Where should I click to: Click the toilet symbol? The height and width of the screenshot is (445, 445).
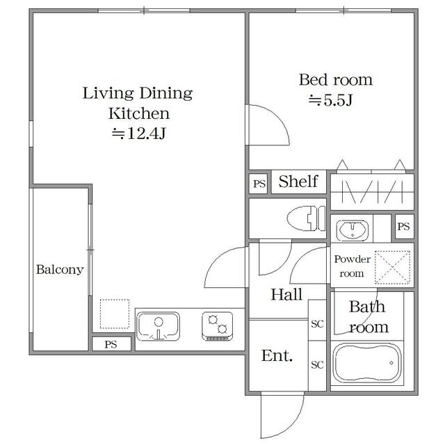(306, 218)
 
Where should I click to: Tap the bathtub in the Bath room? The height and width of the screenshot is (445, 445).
(367, 364)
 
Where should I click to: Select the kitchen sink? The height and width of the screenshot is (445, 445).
(158, 326)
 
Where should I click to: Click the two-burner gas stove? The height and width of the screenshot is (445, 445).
(218, 326)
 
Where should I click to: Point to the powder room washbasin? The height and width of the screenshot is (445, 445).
(353, 229)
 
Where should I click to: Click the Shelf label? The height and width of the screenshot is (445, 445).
(298, 181)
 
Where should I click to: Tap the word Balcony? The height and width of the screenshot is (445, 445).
(60, 269)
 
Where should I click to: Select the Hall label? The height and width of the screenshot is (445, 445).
(286, 294)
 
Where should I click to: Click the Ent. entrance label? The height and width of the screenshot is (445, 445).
(277, 355)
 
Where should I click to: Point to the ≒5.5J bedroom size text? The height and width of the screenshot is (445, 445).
(330, 100)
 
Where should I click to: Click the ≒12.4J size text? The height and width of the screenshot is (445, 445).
(138, 133)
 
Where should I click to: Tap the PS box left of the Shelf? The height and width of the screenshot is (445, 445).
(259, 184)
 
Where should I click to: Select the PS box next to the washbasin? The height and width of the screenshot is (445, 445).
(403, 227)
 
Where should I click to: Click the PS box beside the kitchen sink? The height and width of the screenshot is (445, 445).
(111, 344)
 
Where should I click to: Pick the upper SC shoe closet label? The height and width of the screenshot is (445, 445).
(317, 323)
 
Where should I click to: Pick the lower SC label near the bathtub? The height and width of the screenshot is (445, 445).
(317, 364)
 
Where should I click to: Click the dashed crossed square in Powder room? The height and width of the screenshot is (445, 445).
(392, 267)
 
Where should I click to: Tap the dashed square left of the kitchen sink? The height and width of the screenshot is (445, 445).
(115, 314)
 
